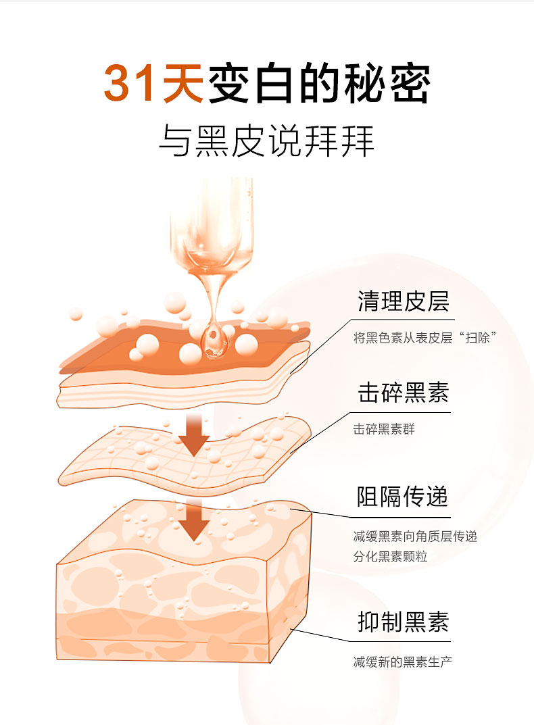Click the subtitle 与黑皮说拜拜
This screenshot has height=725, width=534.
coord(267,141)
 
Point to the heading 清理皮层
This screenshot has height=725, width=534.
coord(403,301)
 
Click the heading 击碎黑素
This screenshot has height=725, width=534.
coord(403,393)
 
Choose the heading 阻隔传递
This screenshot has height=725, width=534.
coord(403,497)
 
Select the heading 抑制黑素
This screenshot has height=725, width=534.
coord(403,622)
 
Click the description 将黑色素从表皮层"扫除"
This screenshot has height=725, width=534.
coord(424,338)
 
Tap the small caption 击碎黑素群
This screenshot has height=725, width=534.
coord(384,429)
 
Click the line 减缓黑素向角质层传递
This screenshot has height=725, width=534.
coord(415,536)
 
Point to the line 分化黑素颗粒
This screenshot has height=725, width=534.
coord(390,556)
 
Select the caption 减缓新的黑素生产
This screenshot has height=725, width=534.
coord(403,661)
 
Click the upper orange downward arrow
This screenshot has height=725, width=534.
coord(195,434)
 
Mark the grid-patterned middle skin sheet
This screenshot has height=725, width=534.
coord(185,455)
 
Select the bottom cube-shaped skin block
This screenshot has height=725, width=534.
coord(184,581)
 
